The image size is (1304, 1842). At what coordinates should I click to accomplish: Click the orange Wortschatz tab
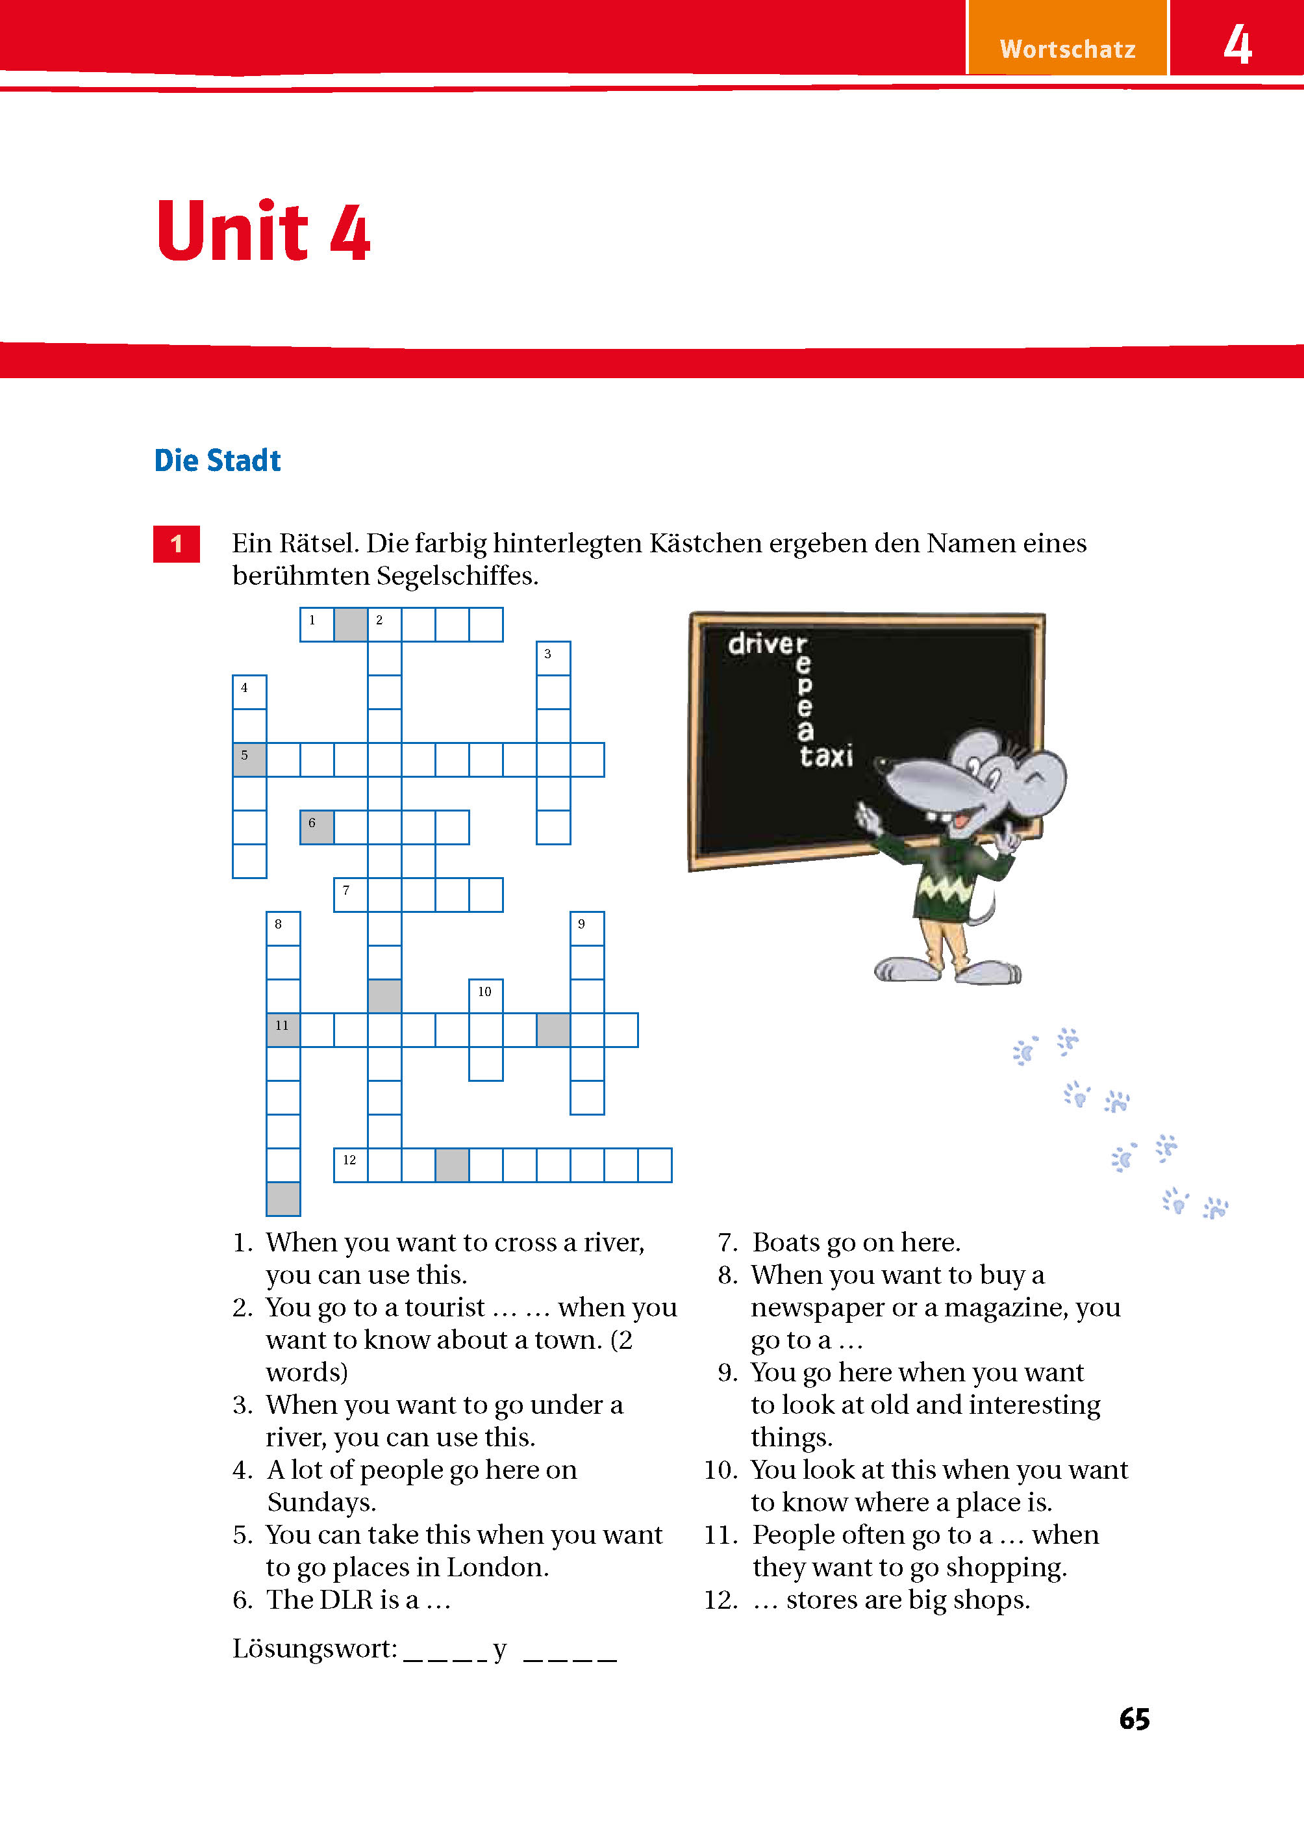pos(1066,48)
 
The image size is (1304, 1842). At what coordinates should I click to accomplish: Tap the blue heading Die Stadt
pos(217,460)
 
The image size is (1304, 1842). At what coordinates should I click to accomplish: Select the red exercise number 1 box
pos(176,544)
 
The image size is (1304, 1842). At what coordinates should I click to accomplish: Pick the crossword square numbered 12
pos(350,1165)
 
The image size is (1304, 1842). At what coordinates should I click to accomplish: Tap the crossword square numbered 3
pos(553,658)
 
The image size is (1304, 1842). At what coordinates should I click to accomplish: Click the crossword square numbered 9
pos(587,928)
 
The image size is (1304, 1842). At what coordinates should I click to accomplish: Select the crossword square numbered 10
pos(486,996)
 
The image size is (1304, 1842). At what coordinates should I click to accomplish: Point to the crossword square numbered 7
pos(350,895)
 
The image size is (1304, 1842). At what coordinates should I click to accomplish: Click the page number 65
pos(1134,1719)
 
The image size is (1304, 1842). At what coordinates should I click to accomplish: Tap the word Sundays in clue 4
pos(321,1502)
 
